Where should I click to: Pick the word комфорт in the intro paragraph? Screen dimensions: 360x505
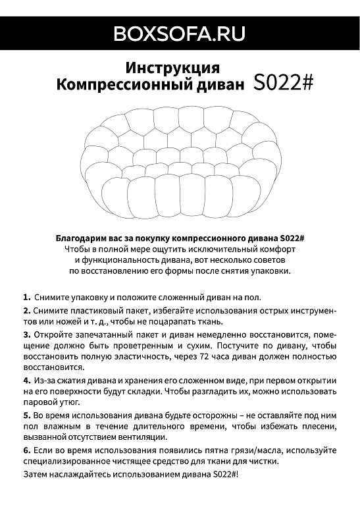tap(277, 249)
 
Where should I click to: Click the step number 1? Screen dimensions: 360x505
tap(26, 297)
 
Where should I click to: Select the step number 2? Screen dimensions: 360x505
tap(26, 309)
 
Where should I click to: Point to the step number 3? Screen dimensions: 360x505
tap(26, 334)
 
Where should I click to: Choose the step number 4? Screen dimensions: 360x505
tap(26, 381)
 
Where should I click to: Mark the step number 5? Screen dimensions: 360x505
tap(26, 415)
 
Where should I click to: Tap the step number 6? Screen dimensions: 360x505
tap(26, 450)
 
